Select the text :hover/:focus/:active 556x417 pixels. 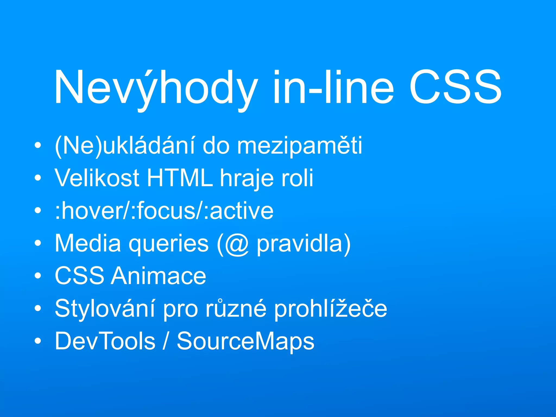point(164,211)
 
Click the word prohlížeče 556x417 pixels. point(330,309)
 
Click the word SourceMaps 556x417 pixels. point(245,342)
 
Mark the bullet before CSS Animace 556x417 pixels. point(38,276)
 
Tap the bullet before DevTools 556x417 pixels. point(38,341)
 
